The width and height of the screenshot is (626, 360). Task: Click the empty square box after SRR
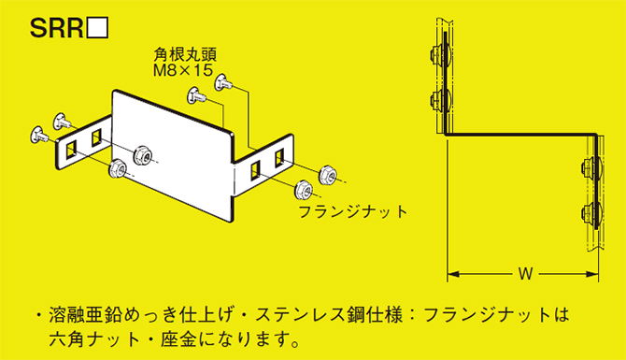(98, 30)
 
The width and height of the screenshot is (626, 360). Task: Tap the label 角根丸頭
(177, 55)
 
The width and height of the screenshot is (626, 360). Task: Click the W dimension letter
(524, 274)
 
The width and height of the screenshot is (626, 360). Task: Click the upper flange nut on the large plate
(144, 152)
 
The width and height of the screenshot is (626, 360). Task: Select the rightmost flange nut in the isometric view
(328, 173)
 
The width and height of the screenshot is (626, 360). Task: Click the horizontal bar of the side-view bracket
(519, 135)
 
